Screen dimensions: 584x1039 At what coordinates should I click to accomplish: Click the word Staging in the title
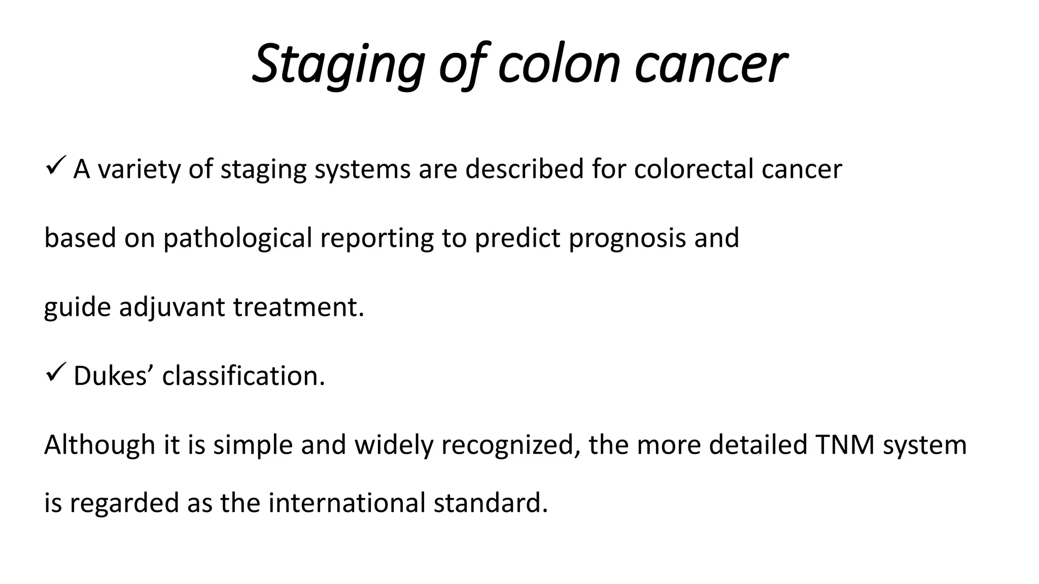pyautogui.click(x=338, y=64)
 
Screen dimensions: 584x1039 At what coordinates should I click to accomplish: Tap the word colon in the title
pyautogui.click(x=559, y=64)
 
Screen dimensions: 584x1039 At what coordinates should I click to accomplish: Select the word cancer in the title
pyautogui.click(x=710, y=64)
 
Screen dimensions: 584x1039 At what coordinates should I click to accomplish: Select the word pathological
pyautogui.click(x=237, y=238)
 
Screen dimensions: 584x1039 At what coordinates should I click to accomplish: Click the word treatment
pyautogui.click(x=298, y=307)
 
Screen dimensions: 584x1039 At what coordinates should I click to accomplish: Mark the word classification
pyautogui.click(x=244, y=376)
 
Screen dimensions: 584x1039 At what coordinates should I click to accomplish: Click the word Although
pyautogui.click(x=99, y=445)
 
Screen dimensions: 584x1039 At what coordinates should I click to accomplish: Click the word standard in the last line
pyautogui.click(x=491, y=503)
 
